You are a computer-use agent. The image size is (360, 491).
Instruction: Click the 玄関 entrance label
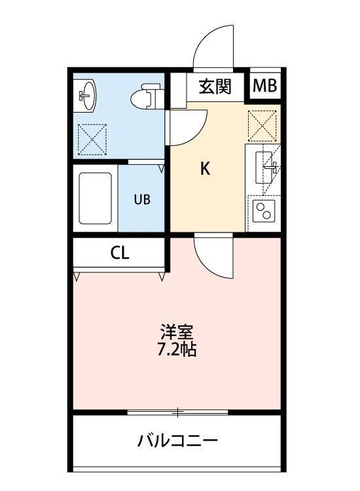point(215,86)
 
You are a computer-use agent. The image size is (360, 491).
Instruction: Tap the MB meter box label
point(265,86)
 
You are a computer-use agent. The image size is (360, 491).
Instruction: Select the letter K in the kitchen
point(205,169)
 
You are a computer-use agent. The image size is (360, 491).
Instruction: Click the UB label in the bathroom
point(142,200)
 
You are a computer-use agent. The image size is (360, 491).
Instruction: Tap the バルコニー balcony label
point(177,441)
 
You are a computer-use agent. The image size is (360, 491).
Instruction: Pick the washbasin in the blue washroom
point(86,96)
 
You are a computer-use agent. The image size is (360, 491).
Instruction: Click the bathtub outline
point(96,198)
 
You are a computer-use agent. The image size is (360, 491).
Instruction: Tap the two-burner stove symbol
point(264,211)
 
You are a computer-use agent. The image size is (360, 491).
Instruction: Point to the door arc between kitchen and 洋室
point(213,257)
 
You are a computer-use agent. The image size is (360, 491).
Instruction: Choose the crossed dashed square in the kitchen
point(262,124)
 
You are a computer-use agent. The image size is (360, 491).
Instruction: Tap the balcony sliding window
point(177,412)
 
